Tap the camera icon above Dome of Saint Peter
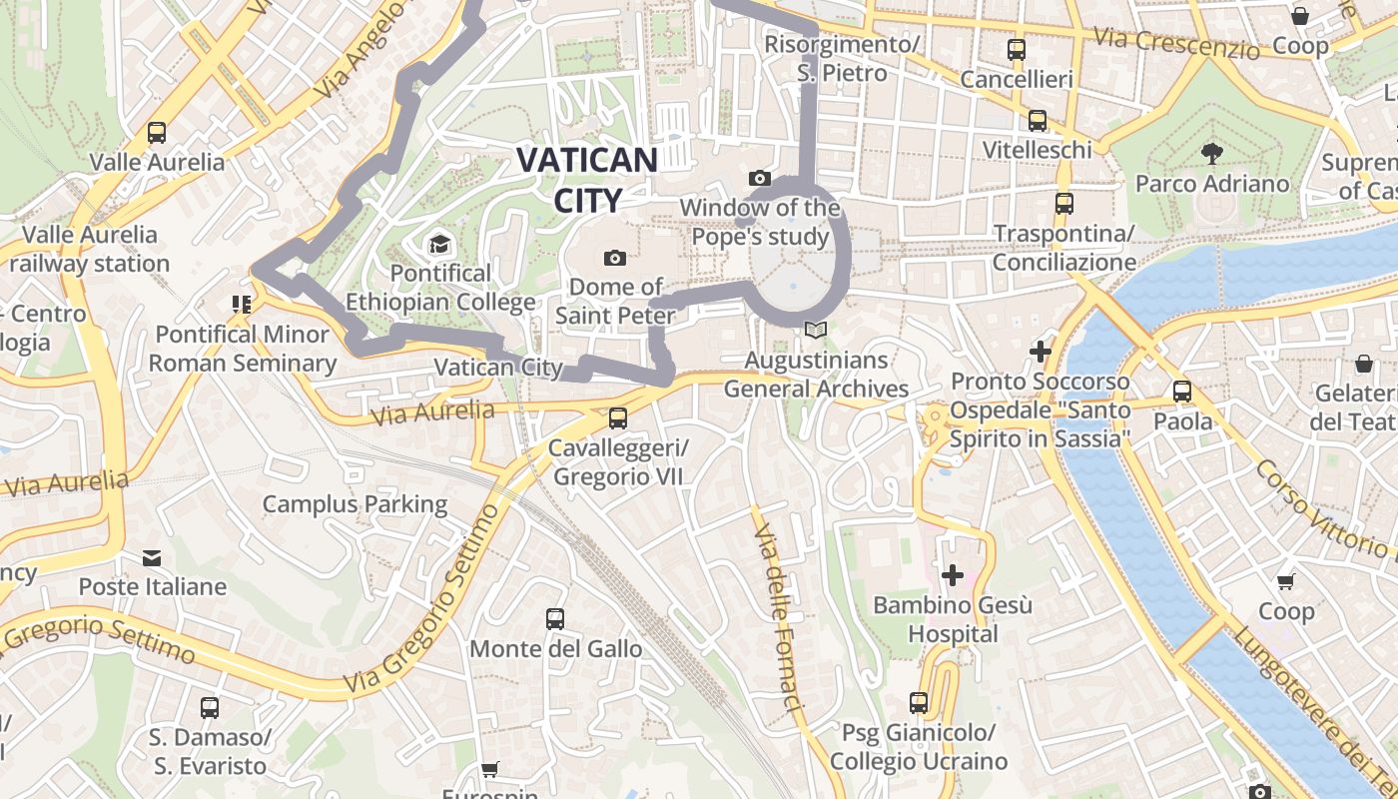[x=615, y=259]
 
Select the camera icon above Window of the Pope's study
[x=760, y=179]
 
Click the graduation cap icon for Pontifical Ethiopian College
[x=439, y=244]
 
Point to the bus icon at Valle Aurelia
[x=157, y=132]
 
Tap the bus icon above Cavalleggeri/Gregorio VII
[x=618, y=418]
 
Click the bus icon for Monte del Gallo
[x=555, y=619]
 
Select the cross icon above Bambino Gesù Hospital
[x=953, y=575]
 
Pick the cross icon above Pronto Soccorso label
[x=1041, y=352]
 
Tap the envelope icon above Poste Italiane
[x=152, y=557]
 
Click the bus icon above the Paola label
[x=1182, y=392]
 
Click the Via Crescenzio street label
[x=1176, y=43]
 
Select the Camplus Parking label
[x=354, y=504]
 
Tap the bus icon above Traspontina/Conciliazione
[x=1064, y=204]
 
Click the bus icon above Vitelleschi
[x=1038, y=121]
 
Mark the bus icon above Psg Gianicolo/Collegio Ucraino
[x=919, y=703]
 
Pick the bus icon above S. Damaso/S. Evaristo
[x=210, y=708]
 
